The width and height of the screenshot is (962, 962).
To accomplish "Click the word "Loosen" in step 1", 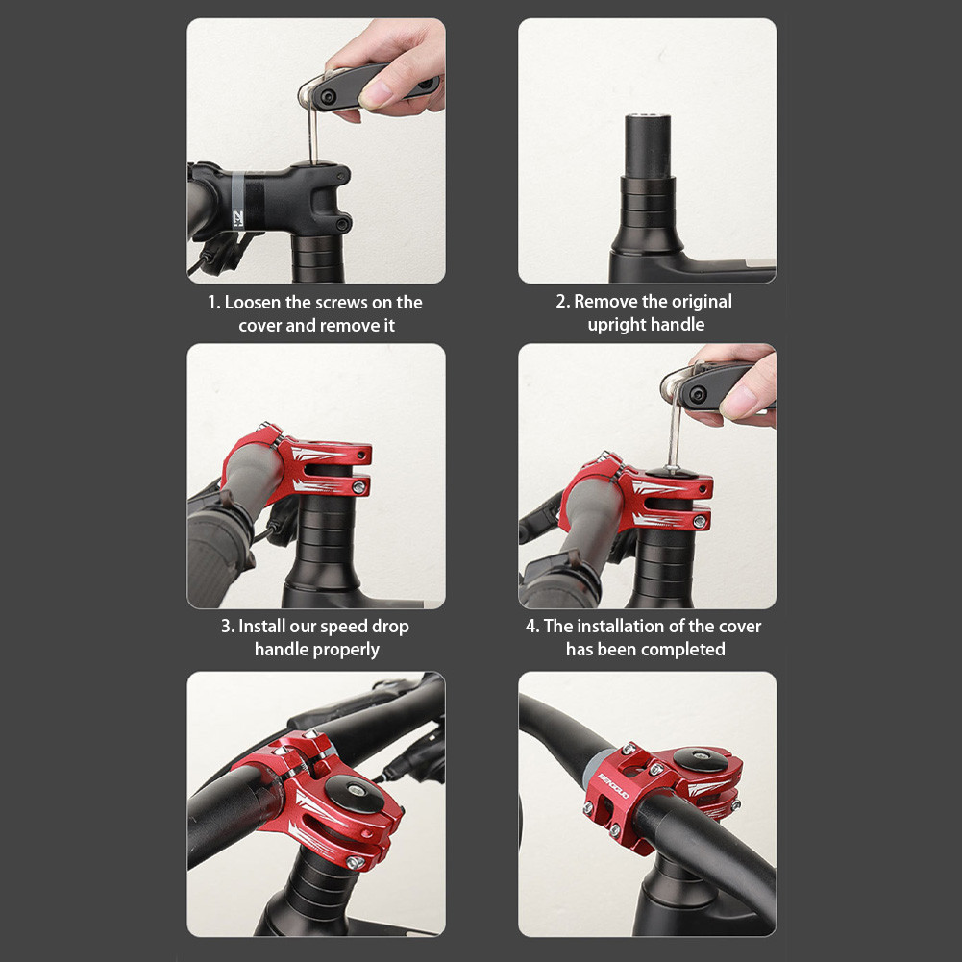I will (253, 303).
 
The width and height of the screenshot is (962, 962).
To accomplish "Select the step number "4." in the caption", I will (532, 627).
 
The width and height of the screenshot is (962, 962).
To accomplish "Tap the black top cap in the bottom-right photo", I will (699, 759).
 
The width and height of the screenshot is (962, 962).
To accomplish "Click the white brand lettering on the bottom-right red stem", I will (613, 781).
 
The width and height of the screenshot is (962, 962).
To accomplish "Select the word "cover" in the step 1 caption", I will (259, 326).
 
